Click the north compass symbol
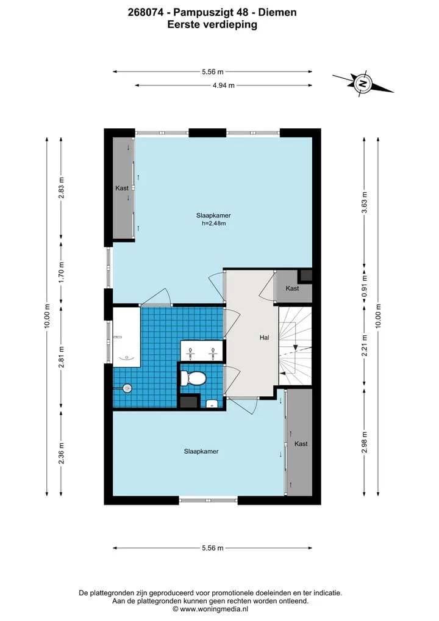point(362,84)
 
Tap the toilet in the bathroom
point(193,378)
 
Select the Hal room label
point(264,338)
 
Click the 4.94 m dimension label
point(223,85)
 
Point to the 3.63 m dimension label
point(365,202)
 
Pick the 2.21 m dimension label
point(365,346)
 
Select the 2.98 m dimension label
point(365,442)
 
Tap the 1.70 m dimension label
point(61,272)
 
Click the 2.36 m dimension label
point(61,453)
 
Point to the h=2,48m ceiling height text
point(213,223)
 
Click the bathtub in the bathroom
point(127,337)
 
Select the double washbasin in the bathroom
point(202,350)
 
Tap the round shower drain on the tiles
point(127,388)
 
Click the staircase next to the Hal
point(295,346)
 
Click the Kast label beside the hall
point(292,288)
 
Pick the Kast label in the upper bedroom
point(122,188)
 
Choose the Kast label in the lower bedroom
point(301,444)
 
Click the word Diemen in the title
point(277,12)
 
